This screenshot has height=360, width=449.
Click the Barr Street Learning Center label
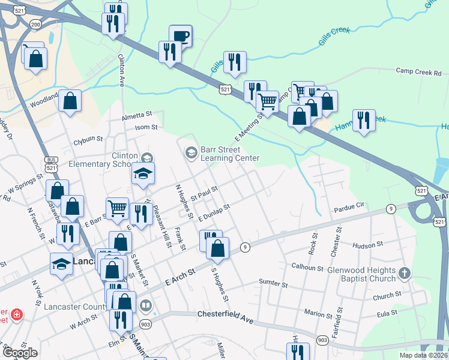(x=229, y=154)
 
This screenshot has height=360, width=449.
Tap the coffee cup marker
(x=181, y=36)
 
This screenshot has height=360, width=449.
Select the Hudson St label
(x=368, y=245)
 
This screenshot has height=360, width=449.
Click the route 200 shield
(x=36, y=24)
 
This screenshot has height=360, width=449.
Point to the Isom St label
(x=146, y=127)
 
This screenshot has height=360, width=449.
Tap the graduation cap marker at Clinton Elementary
(x=143, y=173)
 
